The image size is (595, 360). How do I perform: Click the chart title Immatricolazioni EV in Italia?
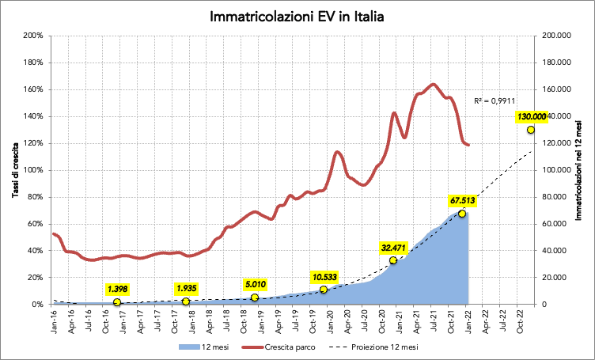coord(297,17)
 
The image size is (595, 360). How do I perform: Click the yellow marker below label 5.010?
coord(254,297)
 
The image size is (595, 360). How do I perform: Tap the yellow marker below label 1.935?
coord(186,301)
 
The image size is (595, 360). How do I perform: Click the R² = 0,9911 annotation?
coord(495,101)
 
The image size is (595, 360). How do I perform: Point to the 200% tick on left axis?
coord(33,36)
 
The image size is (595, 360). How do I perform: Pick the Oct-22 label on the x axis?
coord(519,320)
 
